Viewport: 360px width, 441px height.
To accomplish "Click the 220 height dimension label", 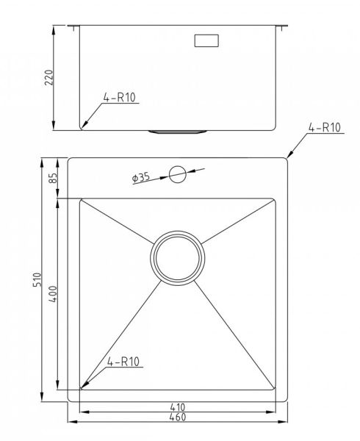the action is (x=49, y=77).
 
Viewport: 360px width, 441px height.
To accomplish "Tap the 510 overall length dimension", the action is (x=37, y=279).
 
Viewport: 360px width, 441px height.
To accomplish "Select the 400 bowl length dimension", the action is (x=53, y=294).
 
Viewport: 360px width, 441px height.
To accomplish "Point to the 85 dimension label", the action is (x=53, y=178).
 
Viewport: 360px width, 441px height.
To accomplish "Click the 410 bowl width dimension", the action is (x=178, y=406).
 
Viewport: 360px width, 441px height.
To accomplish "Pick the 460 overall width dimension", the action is (x=178, y=417).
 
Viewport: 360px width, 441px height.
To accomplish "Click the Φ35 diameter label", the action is (x=141, y=178).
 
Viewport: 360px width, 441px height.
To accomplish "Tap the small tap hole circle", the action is (x=178, y=174).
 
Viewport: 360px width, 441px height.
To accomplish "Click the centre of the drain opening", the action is (x=178, y=258).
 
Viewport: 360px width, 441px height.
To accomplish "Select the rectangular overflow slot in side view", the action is (x=206, y=40).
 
